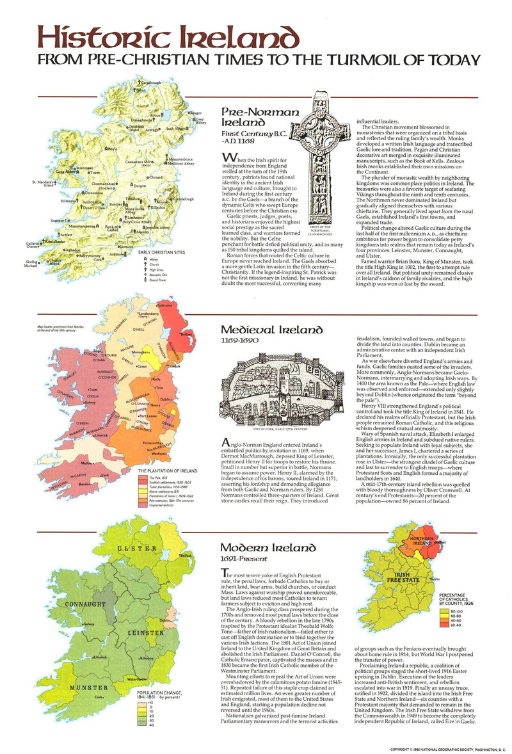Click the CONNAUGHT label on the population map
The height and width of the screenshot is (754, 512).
[x=81, y=604]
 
